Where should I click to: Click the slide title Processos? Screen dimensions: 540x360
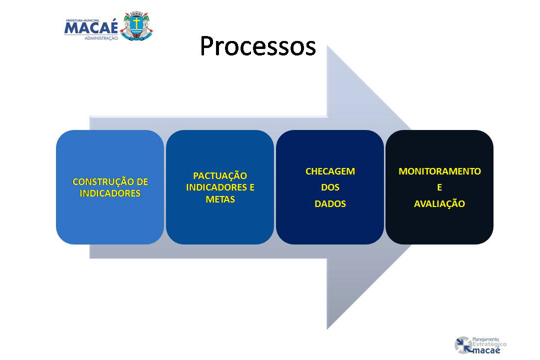[x=257, y=46]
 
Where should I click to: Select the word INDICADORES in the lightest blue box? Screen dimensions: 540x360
[x=110, y=193]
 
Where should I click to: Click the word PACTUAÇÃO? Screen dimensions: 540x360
[x=219, y=175]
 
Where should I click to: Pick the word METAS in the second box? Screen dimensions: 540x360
[x=220, y=199]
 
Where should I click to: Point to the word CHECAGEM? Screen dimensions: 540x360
[x=330, y=171]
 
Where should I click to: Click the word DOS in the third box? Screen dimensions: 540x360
[x=330, y=187]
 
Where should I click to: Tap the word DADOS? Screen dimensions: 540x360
[x=330, y=204]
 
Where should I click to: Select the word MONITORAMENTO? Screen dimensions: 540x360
[x=439, y=171]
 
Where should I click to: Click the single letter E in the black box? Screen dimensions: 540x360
[x=439, y=187]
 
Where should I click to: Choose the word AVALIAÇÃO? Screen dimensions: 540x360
[x=439, y=203]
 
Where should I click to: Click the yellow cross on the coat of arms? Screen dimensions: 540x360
[x=136, y=23]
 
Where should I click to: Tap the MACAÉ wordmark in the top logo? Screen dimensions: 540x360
[x=91, y=28]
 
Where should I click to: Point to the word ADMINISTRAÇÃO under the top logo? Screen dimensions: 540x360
[x=101, y=38]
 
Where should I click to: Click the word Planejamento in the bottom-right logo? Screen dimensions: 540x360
[x=485, y=339]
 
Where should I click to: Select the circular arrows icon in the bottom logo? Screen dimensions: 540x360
[x=463, y=345]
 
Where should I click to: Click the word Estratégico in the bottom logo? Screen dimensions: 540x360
[x=489, y=344]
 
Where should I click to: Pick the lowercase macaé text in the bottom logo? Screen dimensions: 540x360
[x=486, y=350]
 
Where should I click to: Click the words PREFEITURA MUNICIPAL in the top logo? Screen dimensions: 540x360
[x=82, y=20]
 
